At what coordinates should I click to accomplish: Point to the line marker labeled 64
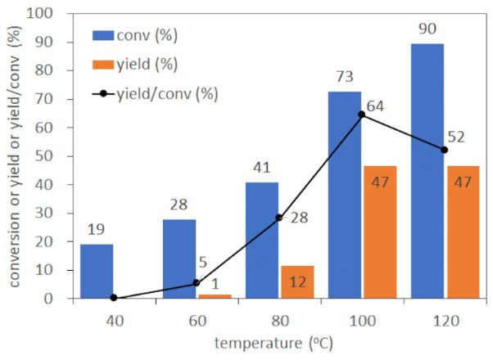pyautogui.click(x=362, y=115)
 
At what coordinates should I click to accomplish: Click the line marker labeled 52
pyautogui.click(x=445, y=150)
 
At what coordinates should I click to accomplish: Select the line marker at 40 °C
pyautogui.click(x=114, y=298)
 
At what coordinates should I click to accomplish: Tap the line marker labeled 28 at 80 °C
pyautogui.click(x=279, y=218)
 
